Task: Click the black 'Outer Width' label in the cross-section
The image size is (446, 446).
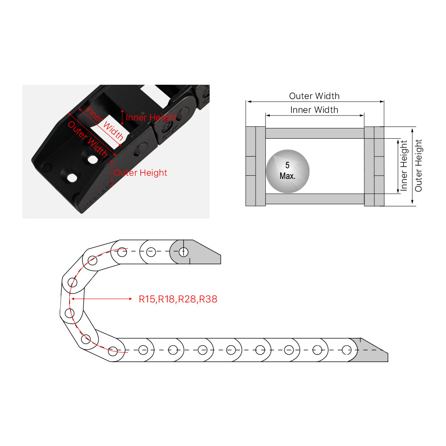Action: tap(314, 96)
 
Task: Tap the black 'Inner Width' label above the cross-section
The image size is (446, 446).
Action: tap(314, 110)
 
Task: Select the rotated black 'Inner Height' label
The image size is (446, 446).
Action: tap(404, 165)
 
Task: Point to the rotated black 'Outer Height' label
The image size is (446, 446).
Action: tap(418, 165)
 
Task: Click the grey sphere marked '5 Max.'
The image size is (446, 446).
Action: tap(288, 171)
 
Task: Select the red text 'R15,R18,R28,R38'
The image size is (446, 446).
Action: tap(178, 299)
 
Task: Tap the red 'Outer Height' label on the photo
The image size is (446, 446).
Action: tap(140, 173)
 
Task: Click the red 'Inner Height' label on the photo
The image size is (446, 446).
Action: tap(151, 117)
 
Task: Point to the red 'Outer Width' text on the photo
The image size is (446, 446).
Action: tap(87, 139)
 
